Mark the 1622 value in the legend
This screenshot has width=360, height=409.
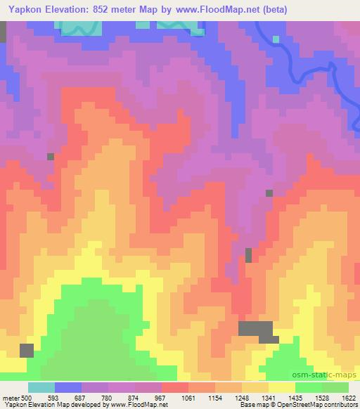(x=346, y=397)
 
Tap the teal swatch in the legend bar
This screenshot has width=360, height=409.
(x=42, y=387)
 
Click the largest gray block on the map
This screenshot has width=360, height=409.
(x=256, y=329)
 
